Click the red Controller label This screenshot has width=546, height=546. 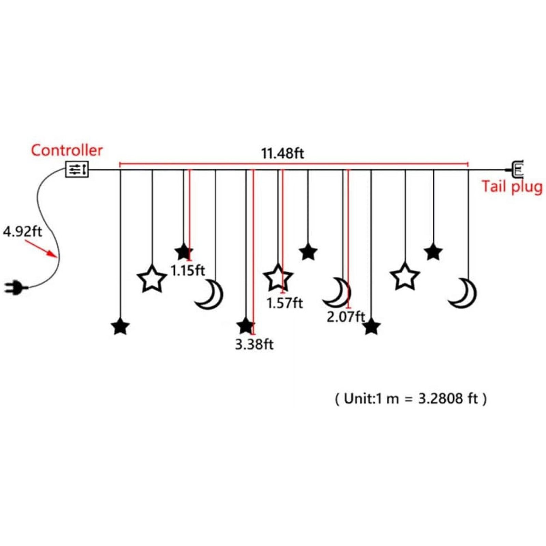click(x=67, y=150)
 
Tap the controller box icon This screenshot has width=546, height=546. click(x=77, y=169)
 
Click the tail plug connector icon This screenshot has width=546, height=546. click(x=516, y=169)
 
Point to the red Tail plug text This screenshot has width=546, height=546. click(x=512, y=187)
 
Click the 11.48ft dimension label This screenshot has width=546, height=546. click(x=282, y=153)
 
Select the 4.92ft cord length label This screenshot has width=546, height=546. click(x=22, y=231)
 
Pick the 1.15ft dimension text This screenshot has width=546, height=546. click(x=187, y=270)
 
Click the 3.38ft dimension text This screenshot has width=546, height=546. click(x=254, y=344)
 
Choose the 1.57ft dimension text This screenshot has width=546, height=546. click(x=284, y=303)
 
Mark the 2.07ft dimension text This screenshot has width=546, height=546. click(x=346, y=317)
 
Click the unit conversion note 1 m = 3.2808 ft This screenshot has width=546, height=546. click(x=411, y=399)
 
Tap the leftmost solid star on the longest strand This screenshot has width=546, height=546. click(x=120, y=327)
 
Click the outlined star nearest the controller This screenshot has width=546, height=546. click(x=152, y=279)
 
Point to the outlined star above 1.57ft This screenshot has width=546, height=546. click(x=278, y=278)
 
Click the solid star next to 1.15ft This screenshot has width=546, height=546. click(x=184, y=252)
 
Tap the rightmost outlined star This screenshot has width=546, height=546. click(x=405, y=277)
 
